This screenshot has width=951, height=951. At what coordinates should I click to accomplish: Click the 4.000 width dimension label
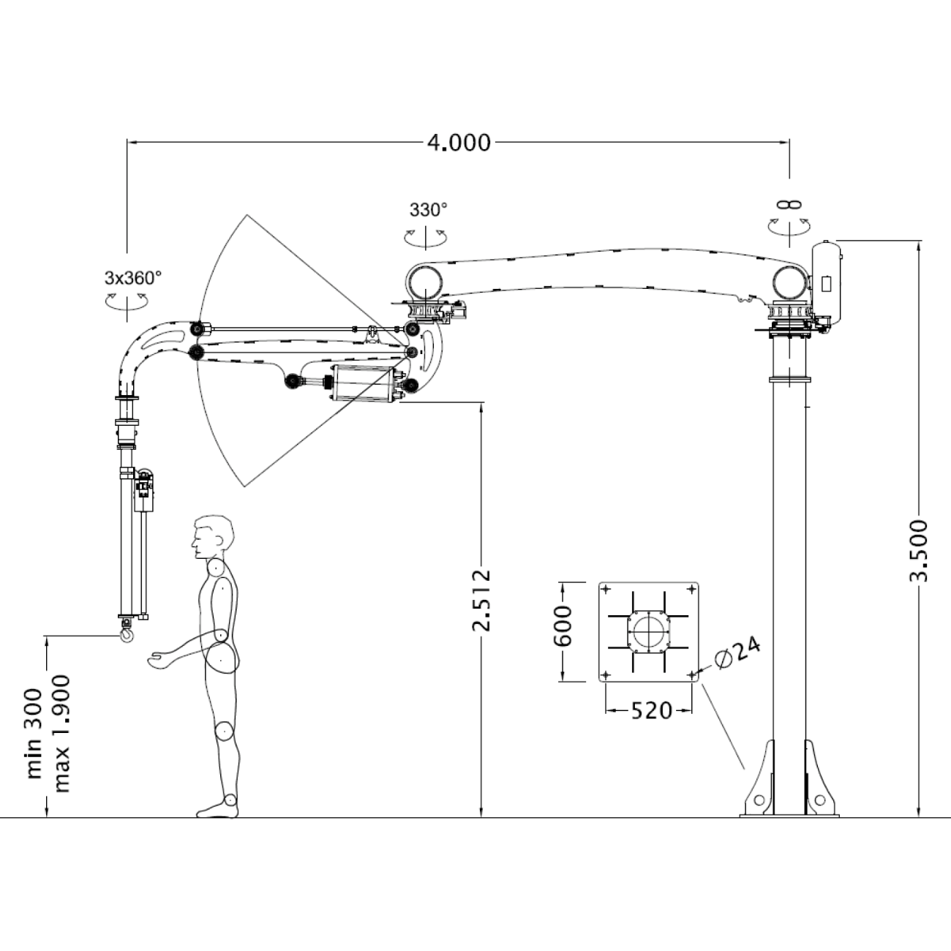click(459, 143)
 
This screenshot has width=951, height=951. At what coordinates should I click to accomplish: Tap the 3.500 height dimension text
click(918, 550)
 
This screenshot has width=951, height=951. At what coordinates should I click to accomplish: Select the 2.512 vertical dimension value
click(481, 599)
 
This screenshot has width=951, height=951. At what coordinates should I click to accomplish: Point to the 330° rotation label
click(428, 211)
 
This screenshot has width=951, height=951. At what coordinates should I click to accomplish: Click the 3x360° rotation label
click(132, 278)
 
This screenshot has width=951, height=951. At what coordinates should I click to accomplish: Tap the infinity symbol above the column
click(791, 206)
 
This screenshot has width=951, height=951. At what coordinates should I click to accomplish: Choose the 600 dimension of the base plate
click(563, 626)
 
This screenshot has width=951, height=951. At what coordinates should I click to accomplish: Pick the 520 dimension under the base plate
click(651, 710)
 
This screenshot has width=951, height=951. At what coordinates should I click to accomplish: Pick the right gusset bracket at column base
click(819, 779)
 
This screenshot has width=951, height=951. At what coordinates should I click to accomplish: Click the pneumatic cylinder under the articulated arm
click(364, 383)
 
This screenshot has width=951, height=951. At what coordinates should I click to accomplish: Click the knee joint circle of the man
click(224, 729)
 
